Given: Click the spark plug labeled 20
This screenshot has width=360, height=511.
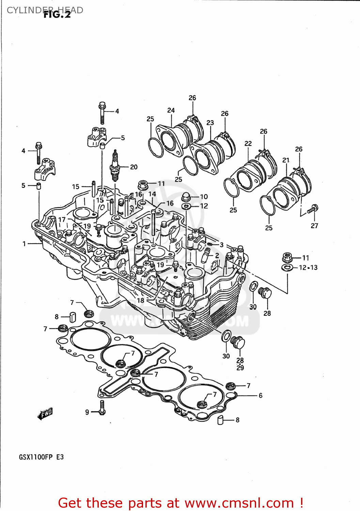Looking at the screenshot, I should [x=115, y=167].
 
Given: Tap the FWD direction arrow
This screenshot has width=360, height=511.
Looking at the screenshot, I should [x=45, y=414].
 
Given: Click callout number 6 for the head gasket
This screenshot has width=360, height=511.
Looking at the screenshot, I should [x=261, y=396].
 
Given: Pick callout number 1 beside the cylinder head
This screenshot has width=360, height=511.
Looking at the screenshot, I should [x=24, y=244].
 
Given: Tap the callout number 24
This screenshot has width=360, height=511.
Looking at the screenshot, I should [x=171, y=110].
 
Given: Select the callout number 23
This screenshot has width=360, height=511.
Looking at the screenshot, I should [x=210, y=123].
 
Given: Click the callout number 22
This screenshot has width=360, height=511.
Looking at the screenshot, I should [x=248, y=143].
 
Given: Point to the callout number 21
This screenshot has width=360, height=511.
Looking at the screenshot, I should [x=286, y=160].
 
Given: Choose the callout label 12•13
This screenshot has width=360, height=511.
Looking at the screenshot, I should [x=308, y=268].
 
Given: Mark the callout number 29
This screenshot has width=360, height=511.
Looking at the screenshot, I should [x=240, y=368].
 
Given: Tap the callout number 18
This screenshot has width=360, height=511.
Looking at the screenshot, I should [x=141, y=300].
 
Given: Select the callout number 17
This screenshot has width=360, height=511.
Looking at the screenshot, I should [x=62, y=220].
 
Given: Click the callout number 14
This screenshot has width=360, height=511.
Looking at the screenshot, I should [x=152, y=194].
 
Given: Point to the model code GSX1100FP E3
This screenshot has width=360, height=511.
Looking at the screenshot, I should [x=41, y=457].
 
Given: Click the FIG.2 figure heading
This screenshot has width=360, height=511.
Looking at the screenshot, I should [x=57, y=15].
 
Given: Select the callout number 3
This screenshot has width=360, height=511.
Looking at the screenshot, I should [x=222, y=245].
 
